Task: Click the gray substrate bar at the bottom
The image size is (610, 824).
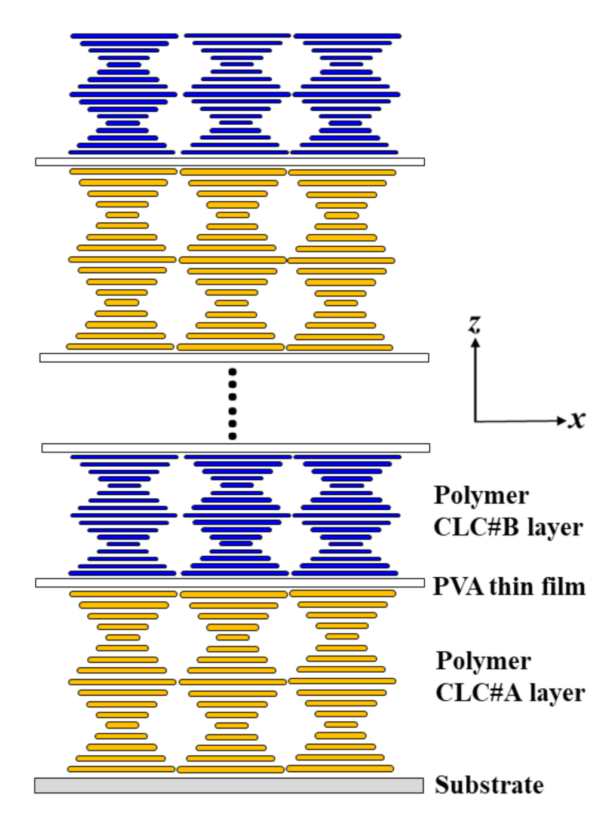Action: pos(228,785)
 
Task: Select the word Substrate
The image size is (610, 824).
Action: pos(489,785)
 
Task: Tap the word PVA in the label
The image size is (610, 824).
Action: pos(458,586)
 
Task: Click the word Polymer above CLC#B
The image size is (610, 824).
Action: pos(481,496)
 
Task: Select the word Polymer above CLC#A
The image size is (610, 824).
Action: pos(483,661)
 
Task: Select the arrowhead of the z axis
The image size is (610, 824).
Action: pos(476,343)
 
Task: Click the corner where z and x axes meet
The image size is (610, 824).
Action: pos(476,421)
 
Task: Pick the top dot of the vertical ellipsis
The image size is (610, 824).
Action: pos(232,372)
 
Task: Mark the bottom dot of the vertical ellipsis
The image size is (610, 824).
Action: pos(232,436)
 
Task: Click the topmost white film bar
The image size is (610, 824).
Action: pos(230,162)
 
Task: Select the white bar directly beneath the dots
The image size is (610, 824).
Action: pos(235,448)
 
